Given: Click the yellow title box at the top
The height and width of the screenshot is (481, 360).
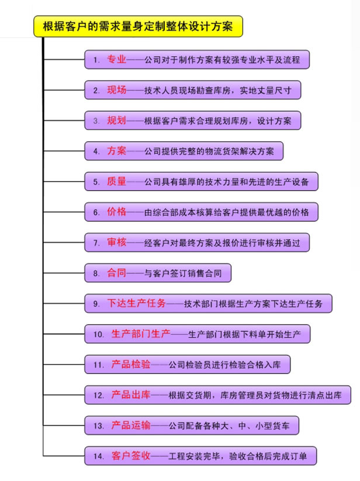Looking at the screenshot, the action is pyautogui.click(x=138, y=26).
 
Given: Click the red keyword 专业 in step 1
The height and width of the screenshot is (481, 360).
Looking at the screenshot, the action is pyautogui.click(x=116, y=59).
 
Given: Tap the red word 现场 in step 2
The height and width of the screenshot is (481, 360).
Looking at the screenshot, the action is pyautogui.click(x=116, y=90).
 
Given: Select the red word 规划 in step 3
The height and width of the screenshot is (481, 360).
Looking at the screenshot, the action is pyautogui.click(x=116, y=120).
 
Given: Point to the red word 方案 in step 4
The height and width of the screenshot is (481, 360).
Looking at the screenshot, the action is pyautogui.click(x=116, y=151).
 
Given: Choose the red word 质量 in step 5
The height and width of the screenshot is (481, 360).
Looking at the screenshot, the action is pyautogui.click(x=116, y=181).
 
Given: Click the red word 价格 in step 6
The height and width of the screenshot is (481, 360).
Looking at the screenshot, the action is pyautogui.click(x=116, y=212).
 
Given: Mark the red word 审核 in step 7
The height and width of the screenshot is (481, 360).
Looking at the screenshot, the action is pyautogui.click(x=116, y=243).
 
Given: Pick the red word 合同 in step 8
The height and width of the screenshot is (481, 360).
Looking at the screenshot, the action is pyautogui.click(x=116, y=273).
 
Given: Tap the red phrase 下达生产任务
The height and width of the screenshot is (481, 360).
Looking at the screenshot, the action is pyautogui.click(x=136, y=303).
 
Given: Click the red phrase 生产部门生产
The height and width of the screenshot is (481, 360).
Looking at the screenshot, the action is pyautogui.click(x=141, y=334).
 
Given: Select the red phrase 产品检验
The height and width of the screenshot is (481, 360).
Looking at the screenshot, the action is pyautogui.click(x=131, y=364).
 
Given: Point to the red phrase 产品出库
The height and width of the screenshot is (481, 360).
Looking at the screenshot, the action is pyautogui.click(x=131, y=395).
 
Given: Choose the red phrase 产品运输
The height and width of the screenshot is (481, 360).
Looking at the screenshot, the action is pyautogui.click(x=131, y=425).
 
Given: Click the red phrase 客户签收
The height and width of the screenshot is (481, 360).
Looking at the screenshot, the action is pyautogui.click(x=131, y=456).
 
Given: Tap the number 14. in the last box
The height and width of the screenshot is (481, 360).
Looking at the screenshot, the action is pyautogui.click(x=99, y=456).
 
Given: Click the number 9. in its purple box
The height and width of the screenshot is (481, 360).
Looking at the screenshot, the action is pyautogui.click(x=96, y=304).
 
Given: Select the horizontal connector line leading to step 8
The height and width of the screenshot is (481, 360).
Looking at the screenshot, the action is pyautogui.click(x=64, y=273).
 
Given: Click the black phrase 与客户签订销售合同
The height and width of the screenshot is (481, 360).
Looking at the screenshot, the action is pyautogui.click(x=183, y=274).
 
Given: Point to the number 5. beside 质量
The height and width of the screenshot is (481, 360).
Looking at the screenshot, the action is pyautogui.click(x=96, y=182).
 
